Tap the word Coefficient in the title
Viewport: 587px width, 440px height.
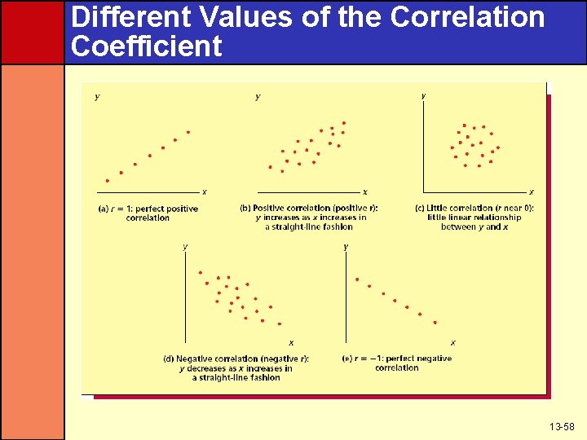147,46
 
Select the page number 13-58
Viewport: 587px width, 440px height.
563,427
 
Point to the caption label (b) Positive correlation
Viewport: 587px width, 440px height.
309,209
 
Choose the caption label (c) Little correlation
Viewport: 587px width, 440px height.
474,209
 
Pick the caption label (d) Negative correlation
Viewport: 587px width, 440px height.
236,359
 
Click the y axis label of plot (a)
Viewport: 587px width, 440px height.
98,97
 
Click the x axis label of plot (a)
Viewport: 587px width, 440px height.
205,192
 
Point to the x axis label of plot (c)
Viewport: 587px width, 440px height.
532,192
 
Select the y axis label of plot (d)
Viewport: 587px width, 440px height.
185,246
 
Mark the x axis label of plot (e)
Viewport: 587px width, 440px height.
453,343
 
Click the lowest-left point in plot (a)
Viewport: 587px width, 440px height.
107,181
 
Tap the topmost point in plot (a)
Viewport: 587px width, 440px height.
188,132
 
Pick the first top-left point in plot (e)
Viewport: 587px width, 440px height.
357,279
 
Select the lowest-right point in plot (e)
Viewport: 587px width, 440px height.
435,323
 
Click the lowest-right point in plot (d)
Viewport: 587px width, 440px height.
280,323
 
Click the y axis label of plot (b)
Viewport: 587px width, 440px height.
258,97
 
